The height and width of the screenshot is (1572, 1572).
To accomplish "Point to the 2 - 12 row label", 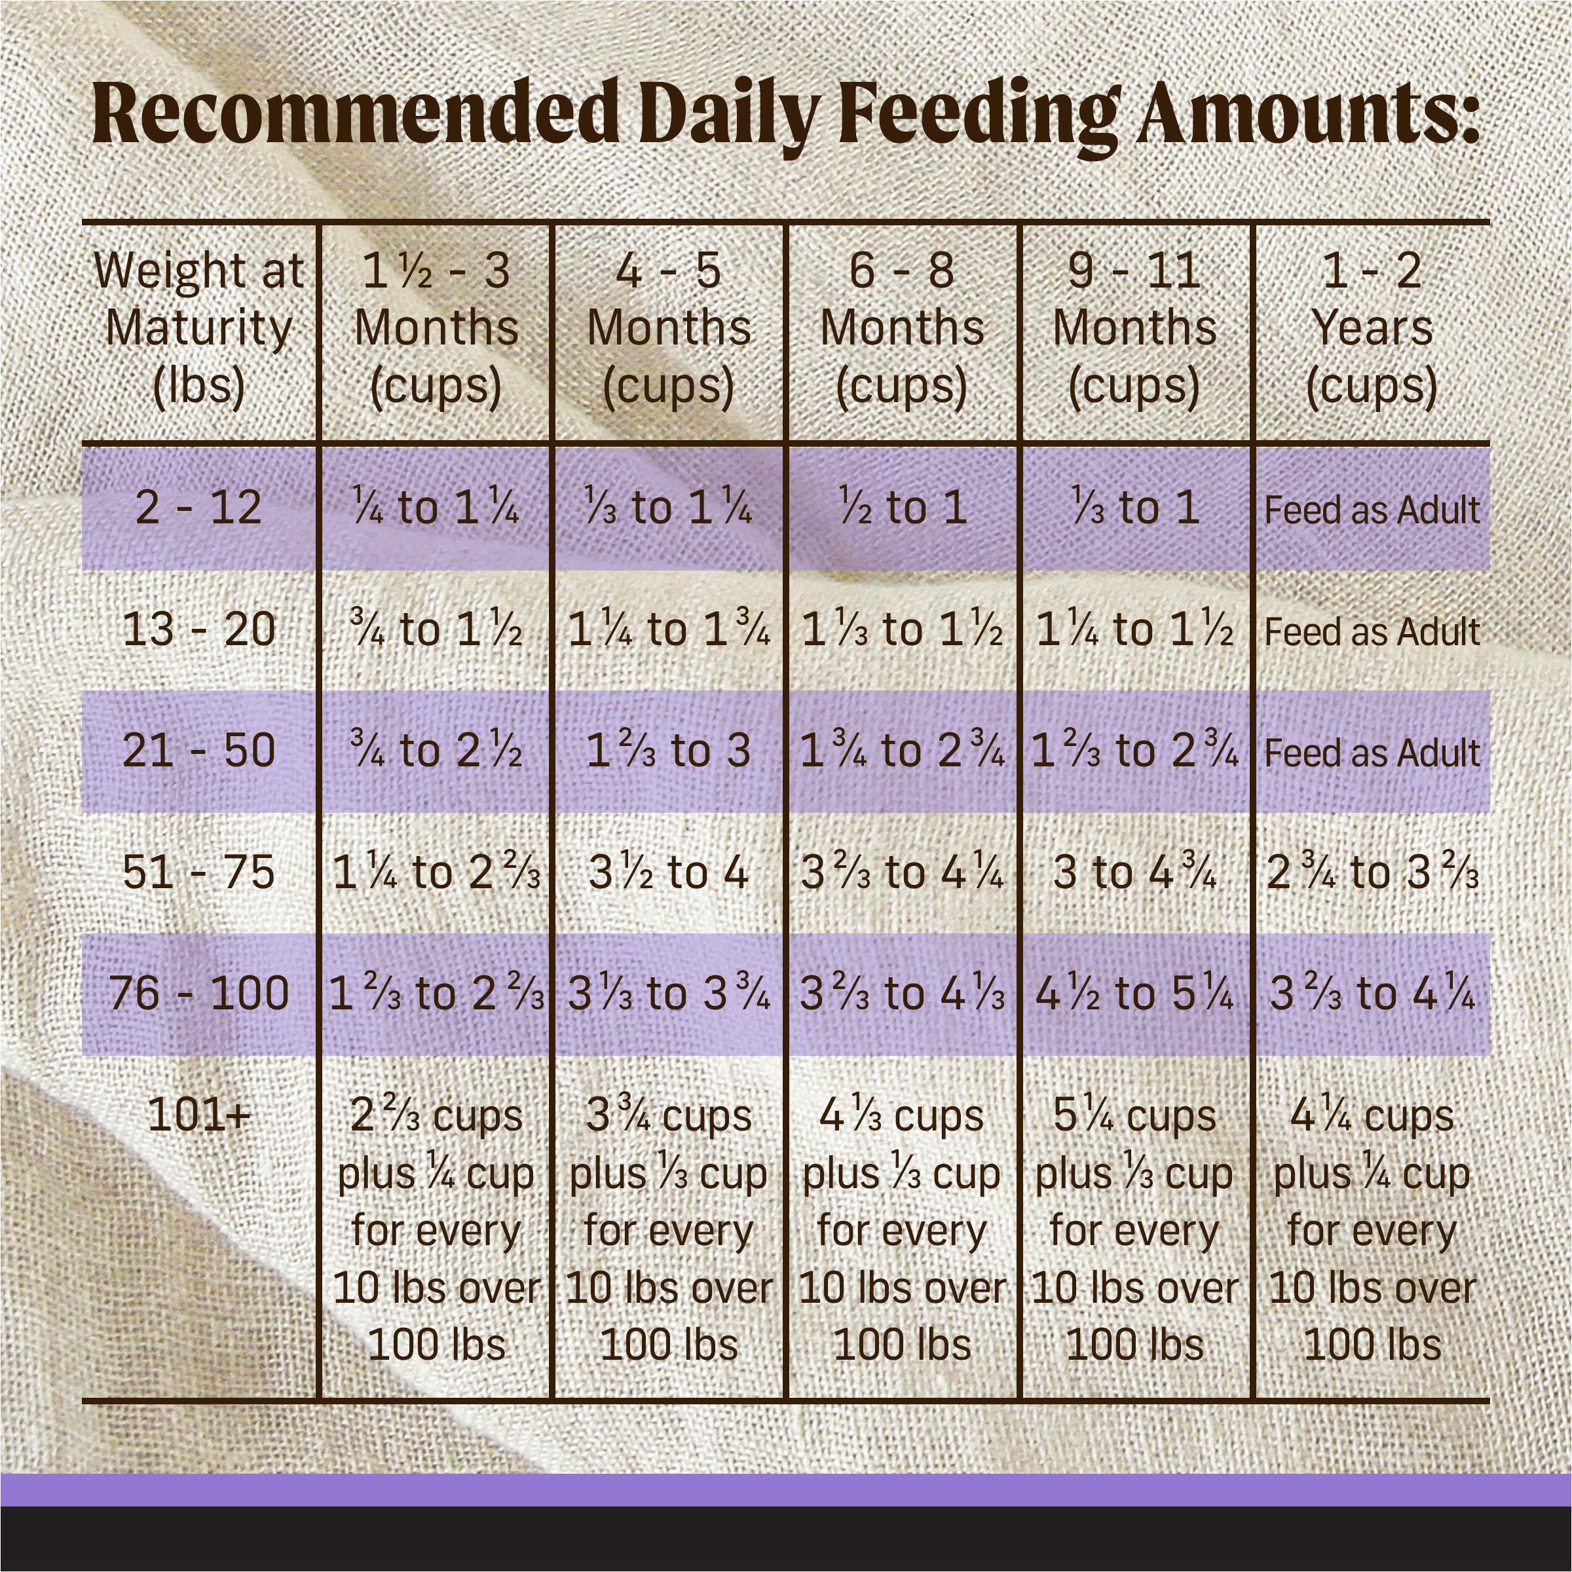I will (198, 508).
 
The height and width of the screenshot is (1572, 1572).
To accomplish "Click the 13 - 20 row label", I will (198, 629).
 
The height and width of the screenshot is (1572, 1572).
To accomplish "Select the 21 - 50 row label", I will (198, 750).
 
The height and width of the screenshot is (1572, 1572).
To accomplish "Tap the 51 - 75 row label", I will (198, 872).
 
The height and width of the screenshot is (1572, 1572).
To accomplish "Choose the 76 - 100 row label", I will (198, 994).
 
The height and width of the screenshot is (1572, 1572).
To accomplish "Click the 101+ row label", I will (198, 1115).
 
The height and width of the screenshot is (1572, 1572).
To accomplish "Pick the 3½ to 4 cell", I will (669, 872).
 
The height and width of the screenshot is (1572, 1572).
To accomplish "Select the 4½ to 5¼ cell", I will (1134, 994).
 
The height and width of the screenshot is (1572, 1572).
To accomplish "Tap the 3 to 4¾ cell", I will (1134, 872).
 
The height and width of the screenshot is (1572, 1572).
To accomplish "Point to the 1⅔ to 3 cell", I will (669, 750).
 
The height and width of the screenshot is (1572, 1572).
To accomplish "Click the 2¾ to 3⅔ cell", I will (1372, 872).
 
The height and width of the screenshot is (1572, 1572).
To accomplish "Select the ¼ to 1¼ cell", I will (436, 508).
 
